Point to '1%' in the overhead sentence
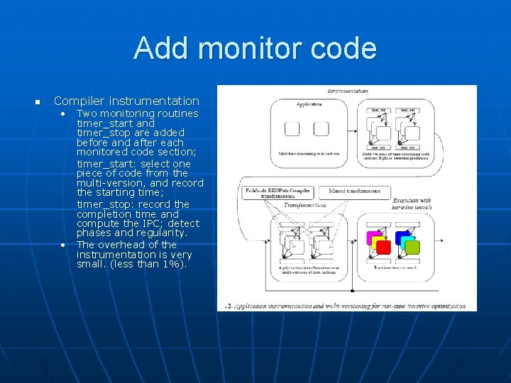point(172,264)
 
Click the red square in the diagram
point(383,248)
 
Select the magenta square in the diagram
point(372,238)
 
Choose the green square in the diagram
point(412,248)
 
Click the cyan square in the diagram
point(408,241)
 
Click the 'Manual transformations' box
point(354,191)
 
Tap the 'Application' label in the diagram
point(309,104)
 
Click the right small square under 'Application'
point(321,128)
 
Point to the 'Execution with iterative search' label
point(412,204)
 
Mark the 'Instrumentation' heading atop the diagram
point(348,91)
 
